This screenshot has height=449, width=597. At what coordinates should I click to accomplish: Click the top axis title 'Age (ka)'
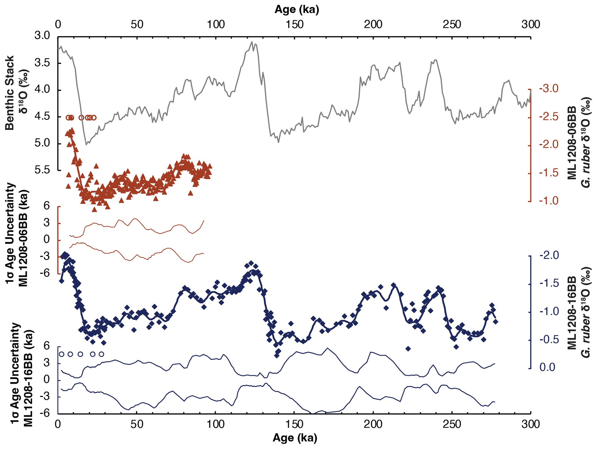tap(296, 10)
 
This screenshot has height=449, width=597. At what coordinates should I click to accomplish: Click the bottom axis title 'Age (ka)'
tap(295, 438)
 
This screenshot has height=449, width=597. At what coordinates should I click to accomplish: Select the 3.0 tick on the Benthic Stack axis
tap(42, 36)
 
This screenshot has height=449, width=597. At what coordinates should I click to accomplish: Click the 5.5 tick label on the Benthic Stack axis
tap(42, 170)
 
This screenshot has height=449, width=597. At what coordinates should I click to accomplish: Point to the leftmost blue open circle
tap(61, 354)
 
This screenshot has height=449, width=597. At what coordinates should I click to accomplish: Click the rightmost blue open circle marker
tap(101, 354)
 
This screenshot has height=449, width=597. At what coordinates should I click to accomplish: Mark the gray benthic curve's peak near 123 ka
tap(252, 42)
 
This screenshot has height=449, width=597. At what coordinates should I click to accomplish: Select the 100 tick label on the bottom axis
tap(215, 424)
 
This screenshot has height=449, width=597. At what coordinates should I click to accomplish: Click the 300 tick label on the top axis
tap(531, 24)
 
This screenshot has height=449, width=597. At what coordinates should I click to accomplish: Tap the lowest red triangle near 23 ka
tap(94, 209)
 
